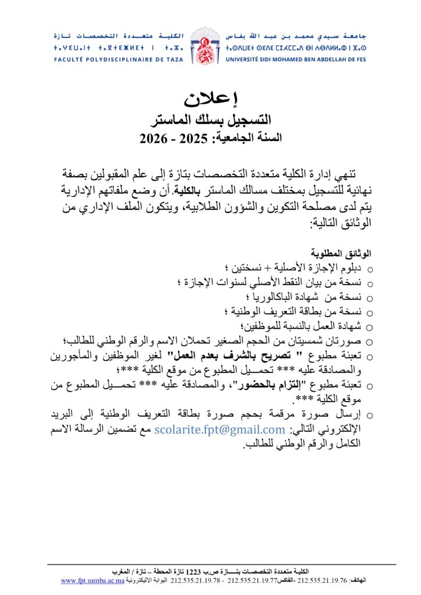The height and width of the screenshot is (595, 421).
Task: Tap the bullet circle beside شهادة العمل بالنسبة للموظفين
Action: point(370,325)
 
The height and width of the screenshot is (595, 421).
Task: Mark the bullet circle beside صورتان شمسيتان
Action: point(370,340)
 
